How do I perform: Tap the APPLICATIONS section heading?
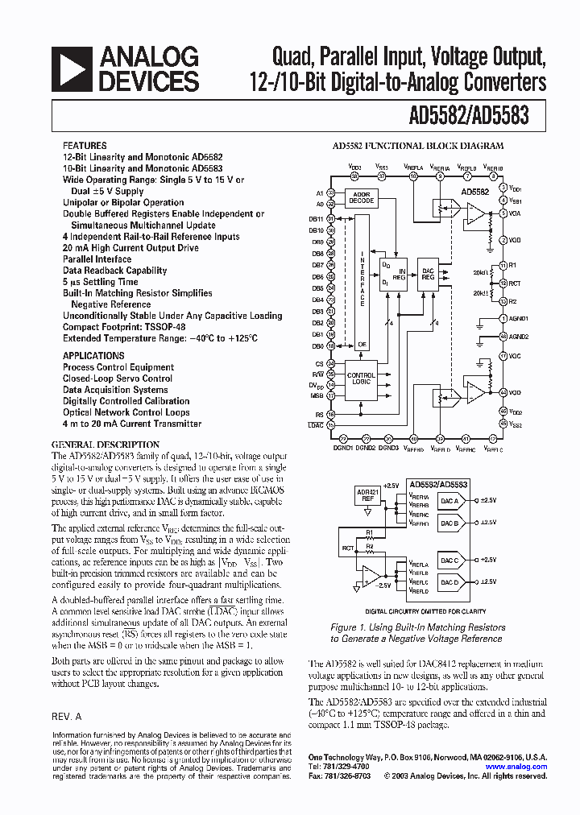[x=93, y=355]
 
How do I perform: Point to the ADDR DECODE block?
[x=361, y=197]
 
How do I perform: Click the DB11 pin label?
[x=316, y=218]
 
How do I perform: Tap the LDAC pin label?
[x=316, y=424]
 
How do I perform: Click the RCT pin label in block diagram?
[x=514, y=283]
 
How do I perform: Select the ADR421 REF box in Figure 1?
[x=367, y=496]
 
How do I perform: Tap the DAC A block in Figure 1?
[x=449, y=500]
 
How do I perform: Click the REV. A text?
[x=66, y=716]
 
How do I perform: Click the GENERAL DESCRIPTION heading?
[x=106, y=444]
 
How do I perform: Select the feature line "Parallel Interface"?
[x=97, y=259]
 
